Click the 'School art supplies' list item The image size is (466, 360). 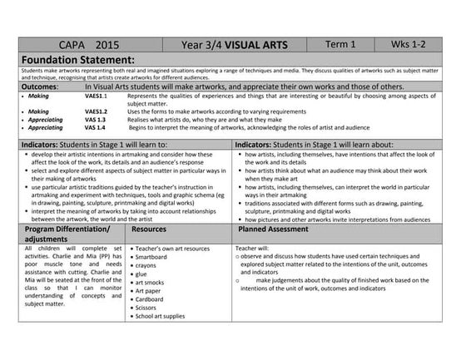(161, 318)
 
